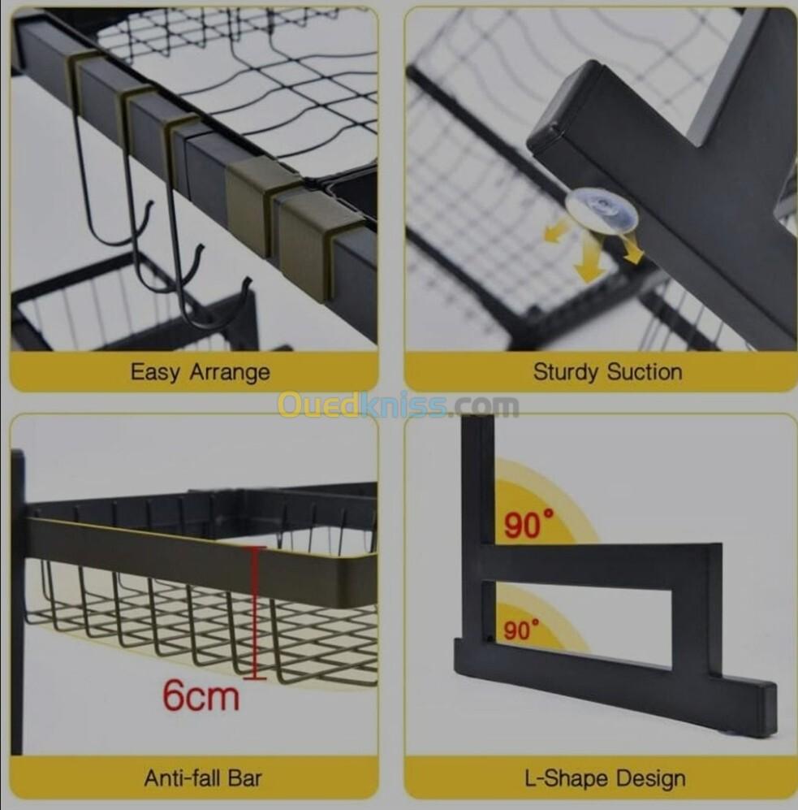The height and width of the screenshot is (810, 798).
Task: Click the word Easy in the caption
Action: [156, 372]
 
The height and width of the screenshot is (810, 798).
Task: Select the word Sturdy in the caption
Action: [566, 372]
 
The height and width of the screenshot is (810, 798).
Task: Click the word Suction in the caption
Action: [645, 371]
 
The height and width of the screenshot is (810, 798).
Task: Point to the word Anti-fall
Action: [181, 778]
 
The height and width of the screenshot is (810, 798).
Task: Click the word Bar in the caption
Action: [243, 778]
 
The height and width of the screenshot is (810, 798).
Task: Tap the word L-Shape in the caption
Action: [567, 778]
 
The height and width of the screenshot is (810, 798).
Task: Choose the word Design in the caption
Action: [651, 779]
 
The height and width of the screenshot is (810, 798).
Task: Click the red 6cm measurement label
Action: [201, 695]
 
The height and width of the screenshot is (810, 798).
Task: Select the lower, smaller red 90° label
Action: [521, 630]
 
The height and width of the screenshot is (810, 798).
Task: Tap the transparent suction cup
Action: [602, 210]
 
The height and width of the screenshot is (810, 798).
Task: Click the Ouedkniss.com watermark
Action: [399, 405]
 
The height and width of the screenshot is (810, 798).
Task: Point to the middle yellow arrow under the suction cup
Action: [589, 258]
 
